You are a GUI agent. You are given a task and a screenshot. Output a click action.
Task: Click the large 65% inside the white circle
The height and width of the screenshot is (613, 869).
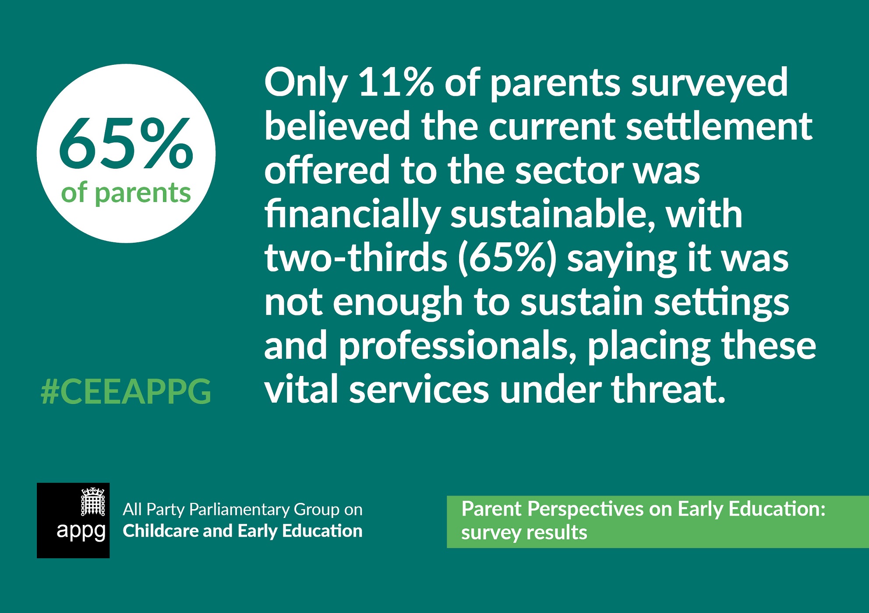(x=126, y=143)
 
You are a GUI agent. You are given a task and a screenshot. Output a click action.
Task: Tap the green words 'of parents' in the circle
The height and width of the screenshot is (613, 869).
(x=126, y=193)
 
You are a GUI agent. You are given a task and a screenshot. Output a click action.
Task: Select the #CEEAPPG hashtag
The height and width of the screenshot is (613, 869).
(x=126, y=391)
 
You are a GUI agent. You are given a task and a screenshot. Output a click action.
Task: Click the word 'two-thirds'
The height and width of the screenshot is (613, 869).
(x=356, y=258)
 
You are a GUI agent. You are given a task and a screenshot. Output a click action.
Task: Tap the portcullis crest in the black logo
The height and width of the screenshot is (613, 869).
(x=93, y=501)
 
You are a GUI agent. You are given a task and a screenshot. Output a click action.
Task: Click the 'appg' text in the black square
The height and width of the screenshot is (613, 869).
(x=81, y=532)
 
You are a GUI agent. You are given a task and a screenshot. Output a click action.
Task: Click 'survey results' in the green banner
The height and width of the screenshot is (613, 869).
(x=524, y=533)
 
